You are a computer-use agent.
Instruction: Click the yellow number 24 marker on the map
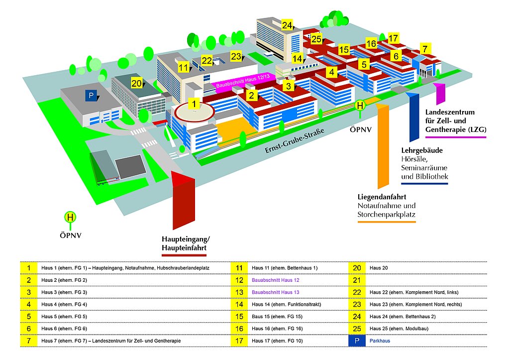(287, 25)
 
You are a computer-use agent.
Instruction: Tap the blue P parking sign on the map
(91, 96)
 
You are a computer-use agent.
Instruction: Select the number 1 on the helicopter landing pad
(194, 104)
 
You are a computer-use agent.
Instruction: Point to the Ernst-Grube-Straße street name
(295, 140)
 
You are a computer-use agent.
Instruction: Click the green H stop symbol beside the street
(360, 106)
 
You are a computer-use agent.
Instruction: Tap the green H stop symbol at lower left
(71, 217)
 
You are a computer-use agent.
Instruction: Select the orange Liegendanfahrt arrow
(383, 146)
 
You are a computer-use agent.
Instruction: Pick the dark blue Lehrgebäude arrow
(414, 117)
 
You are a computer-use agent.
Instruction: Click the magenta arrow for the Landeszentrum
(439, 94)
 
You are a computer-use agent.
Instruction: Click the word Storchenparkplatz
(386, 215)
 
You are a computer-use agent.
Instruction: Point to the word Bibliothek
(432, 176)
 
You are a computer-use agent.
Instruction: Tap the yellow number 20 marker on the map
(136, 83)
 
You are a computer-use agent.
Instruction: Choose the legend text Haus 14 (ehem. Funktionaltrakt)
(286, 304)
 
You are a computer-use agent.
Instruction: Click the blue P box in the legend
(357, 341)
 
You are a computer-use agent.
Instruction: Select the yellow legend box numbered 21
(357, 280)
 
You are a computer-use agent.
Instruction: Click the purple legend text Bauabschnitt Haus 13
(275, 292)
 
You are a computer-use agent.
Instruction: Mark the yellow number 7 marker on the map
(425, 49)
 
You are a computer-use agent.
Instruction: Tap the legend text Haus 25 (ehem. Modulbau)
(399, 329)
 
